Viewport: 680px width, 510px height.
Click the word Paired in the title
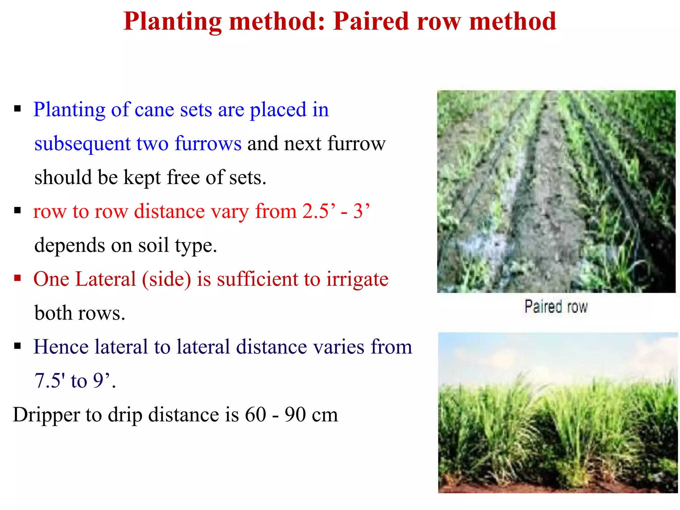371,21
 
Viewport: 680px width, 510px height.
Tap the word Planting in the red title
173,22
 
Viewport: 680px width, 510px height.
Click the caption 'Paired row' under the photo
556,306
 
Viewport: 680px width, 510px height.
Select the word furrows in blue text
208,144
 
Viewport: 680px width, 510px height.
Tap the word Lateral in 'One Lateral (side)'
106,279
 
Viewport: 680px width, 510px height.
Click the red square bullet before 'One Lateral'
18,278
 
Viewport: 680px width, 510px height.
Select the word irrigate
357,279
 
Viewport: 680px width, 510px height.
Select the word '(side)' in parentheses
166,279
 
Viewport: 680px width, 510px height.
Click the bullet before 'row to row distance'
18,210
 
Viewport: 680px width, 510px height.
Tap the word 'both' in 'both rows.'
53,313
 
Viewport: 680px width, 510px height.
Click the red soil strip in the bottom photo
558,488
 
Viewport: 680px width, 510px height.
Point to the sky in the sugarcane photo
558,352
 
